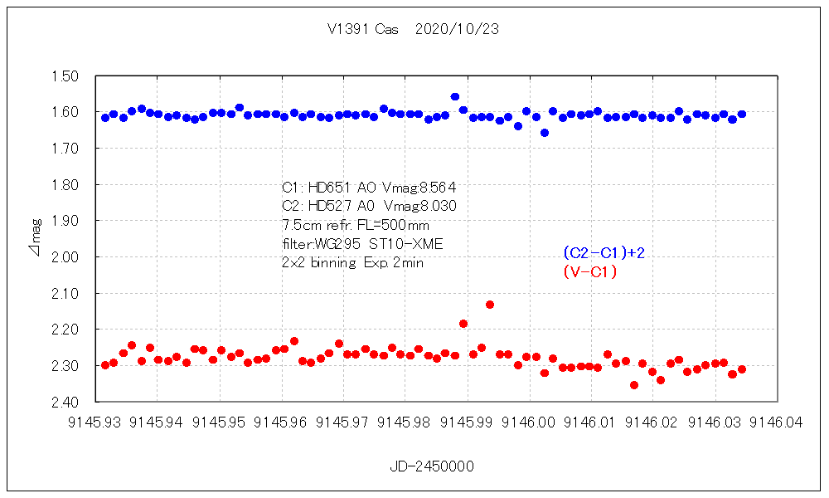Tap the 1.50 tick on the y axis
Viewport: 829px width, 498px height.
65,76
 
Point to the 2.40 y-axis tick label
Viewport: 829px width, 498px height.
65,403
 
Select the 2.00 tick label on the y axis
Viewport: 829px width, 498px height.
65,257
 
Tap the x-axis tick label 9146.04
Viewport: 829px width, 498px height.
776,422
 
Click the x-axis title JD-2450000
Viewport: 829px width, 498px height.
432,466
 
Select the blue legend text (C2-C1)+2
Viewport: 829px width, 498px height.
604,252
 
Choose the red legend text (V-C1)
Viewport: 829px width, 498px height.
590,271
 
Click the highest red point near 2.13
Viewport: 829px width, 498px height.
490,305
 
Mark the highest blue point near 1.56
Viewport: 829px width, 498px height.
454,97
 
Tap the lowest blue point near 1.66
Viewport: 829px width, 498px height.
545,133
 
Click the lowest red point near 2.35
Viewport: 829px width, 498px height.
634,385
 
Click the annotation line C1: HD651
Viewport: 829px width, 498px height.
369,187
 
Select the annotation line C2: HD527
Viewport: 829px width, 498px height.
369,206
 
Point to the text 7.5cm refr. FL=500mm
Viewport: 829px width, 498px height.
355,225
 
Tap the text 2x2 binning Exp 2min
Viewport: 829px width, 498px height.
354,262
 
